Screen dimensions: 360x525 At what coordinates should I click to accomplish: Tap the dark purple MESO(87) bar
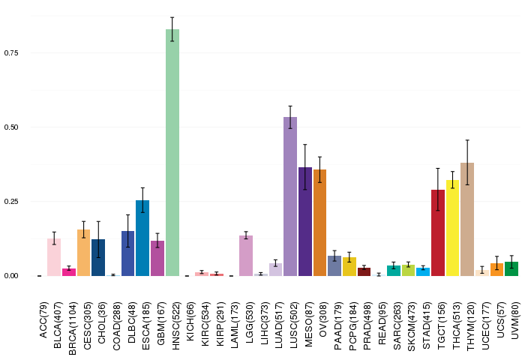[305, 221]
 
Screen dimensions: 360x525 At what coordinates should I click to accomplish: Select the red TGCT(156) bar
[438, 232]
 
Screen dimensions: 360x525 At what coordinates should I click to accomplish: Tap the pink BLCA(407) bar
[54, 257]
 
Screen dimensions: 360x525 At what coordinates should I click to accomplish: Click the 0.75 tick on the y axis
[11, 53]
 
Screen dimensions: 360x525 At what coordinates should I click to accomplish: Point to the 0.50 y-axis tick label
[11, 127]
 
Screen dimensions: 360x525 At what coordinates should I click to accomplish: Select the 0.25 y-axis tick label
[11, 202]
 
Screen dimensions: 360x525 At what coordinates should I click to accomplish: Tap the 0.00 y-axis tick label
[11, 276]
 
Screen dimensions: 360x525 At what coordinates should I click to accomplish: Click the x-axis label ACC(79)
[40, 319]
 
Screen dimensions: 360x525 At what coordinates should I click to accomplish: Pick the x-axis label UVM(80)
[512, 319]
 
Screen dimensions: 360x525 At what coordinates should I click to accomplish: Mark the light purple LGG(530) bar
[246, 256]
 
